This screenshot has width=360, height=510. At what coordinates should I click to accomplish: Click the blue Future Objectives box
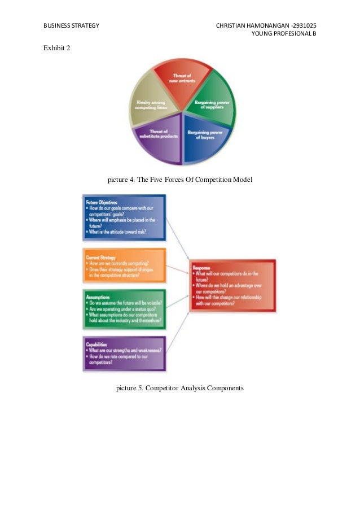(x=124, y=217)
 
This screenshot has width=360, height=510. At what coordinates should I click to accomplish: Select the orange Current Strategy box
(x=124, y=265)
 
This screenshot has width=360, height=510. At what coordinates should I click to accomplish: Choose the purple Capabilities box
(x=124, y=352)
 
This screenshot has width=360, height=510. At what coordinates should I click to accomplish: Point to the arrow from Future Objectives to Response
(x=177, y=241)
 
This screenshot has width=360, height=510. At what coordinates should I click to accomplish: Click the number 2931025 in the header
(x=305, y=26)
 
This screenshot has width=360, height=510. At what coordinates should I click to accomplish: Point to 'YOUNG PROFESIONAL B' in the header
(x=284, y=34)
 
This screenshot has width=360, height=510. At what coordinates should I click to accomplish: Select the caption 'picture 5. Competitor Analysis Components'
(x=180, y=388)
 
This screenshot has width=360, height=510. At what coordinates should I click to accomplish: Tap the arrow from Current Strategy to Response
(x=177, y=267)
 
